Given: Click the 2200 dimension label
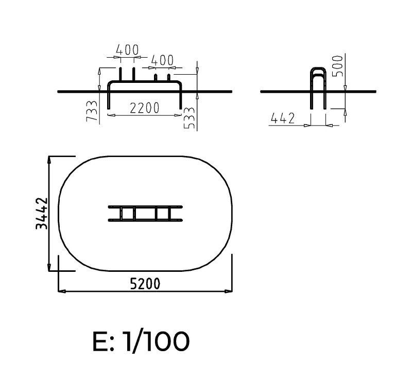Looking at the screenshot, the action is [x=145, y=108].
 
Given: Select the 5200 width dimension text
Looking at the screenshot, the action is [x=145, y=284].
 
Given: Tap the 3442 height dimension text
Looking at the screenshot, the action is [x=42, y=213].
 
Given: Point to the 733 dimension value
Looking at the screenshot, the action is [x=92, y=111].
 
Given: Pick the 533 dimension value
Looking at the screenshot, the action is [x=190, y=118].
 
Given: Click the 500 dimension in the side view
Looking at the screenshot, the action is [x=338, y=66].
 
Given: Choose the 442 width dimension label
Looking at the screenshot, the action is [x=283, y=118].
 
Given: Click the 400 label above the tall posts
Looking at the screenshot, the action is [x=127, y=49].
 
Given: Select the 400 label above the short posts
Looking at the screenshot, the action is [x=162, y=60].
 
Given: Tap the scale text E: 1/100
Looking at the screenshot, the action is [x=141, y=341].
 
